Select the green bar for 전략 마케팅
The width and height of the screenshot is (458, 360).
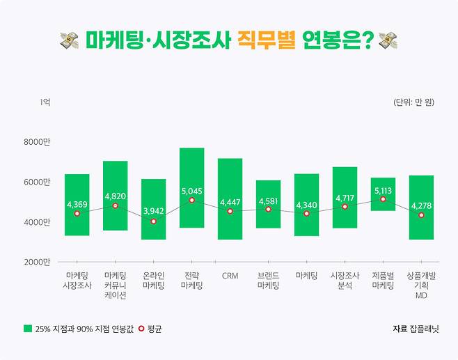[x=191, y=167]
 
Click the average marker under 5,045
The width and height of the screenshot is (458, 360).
[x=191, y=201]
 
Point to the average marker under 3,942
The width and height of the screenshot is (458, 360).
[x=153, y=221]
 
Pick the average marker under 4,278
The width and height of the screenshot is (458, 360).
[x=421, y=215]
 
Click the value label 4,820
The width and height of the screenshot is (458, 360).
[x=115, y=196]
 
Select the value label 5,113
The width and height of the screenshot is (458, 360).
[x=383, y=189]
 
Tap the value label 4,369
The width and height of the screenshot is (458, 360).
[x=77, y=204]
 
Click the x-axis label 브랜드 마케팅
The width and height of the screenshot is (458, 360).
[x=268, y=281]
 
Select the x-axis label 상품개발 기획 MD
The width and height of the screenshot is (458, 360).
[x=421, y=285]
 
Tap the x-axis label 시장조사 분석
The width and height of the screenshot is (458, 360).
[x=345, y=281]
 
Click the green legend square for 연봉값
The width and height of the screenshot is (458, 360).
[x=28, y=329]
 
